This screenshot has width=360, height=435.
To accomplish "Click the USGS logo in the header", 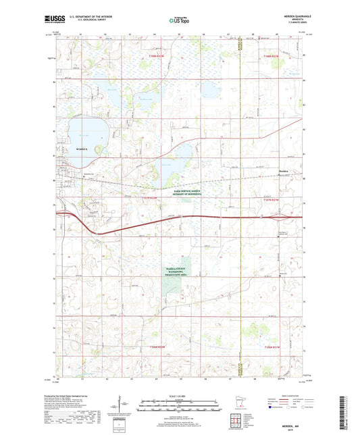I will pyautogui.click(x=53, y=18).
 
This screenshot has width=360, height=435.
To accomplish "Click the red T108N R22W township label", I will pyautogui.click(x=156, y=55).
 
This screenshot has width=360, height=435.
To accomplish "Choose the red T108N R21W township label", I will pyautogui.click(x=271, y=55).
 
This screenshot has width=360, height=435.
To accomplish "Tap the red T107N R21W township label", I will pyautogui.click(x=269, y=200).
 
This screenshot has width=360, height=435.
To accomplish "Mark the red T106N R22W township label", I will pyautogui.click(x=156, y=347).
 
